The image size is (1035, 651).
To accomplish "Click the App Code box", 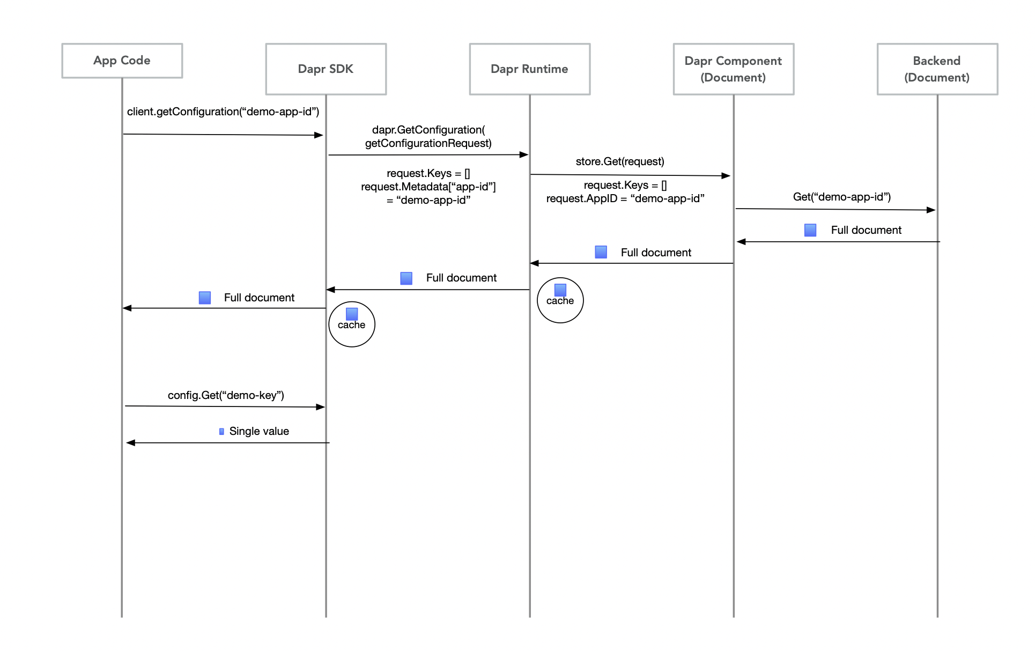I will point(122,61).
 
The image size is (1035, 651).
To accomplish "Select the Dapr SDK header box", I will point(326,69).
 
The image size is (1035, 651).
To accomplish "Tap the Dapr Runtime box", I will point(530,69).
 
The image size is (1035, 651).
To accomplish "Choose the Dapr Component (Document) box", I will point(734,69).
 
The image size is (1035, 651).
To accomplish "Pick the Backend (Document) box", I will point(937,69).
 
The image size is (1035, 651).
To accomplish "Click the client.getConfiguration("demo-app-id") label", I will point(223,112).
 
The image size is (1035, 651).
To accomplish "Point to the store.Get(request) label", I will point(620,161).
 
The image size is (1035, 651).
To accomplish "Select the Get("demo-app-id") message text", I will point(842,197).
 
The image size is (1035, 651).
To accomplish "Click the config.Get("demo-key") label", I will point(226,395).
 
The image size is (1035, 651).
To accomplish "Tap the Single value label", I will point(259,431).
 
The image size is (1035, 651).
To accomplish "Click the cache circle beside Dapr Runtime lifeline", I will point(560,300).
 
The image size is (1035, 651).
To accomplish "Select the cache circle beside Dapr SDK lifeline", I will point(352,324).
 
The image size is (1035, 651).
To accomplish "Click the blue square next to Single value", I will point(221,432).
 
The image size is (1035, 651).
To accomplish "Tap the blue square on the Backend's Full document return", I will point(810,230).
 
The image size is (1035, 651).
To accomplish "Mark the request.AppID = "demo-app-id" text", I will point(625,198).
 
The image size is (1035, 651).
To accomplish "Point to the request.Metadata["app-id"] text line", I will point(428,187).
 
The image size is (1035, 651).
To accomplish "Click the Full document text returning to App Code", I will point(259,298).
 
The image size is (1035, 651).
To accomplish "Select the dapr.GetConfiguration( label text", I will point(428,130).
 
